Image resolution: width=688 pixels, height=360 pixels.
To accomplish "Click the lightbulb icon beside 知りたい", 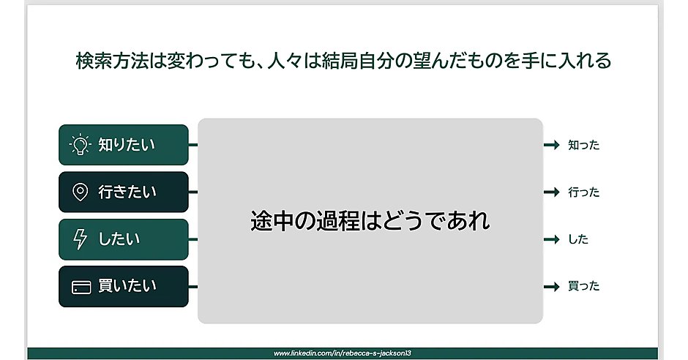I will pyautogui.click(x=80, y=145).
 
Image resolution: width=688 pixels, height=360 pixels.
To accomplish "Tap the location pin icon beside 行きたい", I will pyautogui.click(x=81, y=192).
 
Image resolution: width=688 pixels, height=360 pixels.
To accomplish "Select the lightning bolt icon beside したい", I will pyautogui.click(x=81, y=239).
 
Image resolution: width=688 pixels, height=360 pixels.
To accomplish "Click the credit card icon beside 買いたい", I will pyautogui.click(x=81, y=287).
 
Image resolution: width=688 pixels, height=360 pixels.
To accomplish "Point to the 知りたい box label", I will pyautogui.click(x=127, y=145).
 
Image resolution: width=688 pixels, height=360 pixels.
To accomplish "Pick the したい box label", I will pyautogui.click(x=119, y=239).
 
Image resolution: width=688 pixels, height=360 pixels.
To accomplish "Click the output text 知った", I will pyautogui.click(x=583, y=146).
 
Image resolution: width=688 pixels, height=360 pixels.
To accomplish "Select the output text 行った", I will pyautogui.click(x=583, y=192).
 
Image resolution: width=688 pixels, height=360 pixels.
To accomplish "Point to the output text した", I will pyautogui.click(x=578, y=239).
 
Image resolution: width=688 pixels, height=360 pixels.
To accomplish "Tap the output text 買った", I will pyautogui.click(x=583, y=286).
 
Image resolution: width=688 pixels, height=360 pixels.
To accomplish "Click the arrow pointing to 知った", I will pyautogui.click(x=552, y=146).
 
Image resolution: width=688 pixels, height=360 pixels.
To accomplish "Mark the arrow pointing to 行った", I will pyautogui.click(x=552, y=192).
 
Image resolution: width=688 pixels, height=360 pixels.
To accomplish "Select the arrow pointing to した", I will pyautogui.click(x=552, y=239).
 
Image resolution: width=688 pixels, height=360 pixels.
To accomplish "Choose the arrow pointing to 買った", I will pyautogui.click(x=552, y=286).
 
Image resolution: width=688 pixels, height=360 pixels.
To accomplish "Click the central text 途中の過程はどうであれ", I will pyautogui.click(x=370, y=220).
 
